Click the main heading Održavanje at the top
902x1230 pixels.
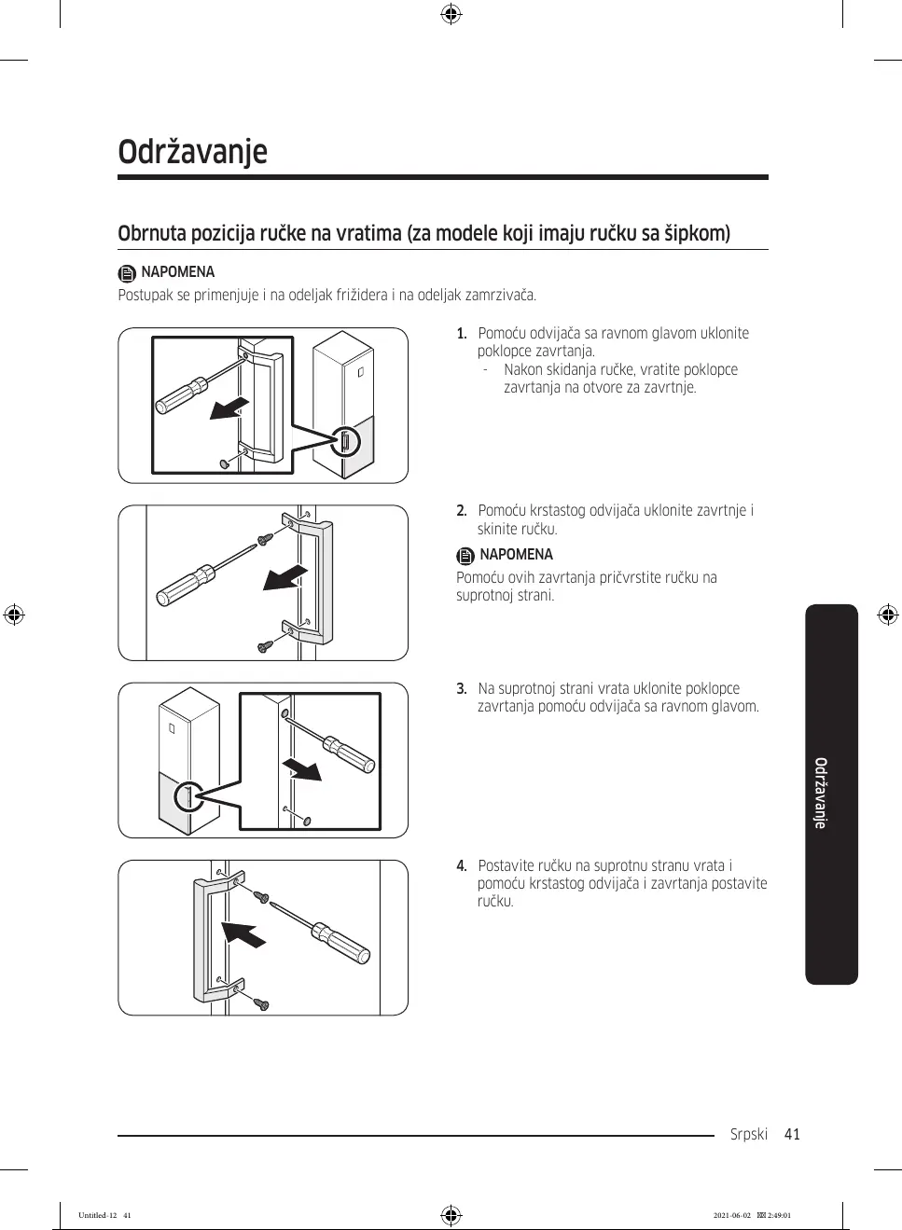[192, 152]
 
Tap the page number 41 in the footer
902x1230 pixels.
[792, 1134]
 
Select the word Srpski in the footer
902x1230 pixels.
[748, 1134]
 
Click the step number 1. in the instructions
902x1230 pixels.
[462, 334]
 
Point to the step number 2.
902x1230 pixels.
[462, 511]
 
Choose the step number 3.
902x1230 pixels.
[462, 689]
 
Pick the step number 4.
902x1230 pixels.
[462, 866]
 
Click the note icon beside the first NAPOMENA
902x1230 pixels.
[127, 273]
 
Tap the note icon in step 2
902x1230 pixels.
[465, 556]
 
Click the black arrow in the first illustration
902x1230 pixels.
[229, 408]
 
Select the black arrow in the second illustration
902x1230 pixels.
[284, 577]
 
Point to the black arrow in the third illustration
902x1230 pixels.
[303, 770]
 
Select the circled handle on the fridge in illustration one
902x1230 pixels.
[346, 440]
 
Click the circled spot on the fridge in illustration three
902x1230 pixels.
[189, 796]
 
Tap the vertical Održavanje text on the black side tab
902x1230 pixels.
[821, 793]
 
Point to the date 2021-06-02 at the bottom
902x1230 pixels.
[731, 1216]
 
